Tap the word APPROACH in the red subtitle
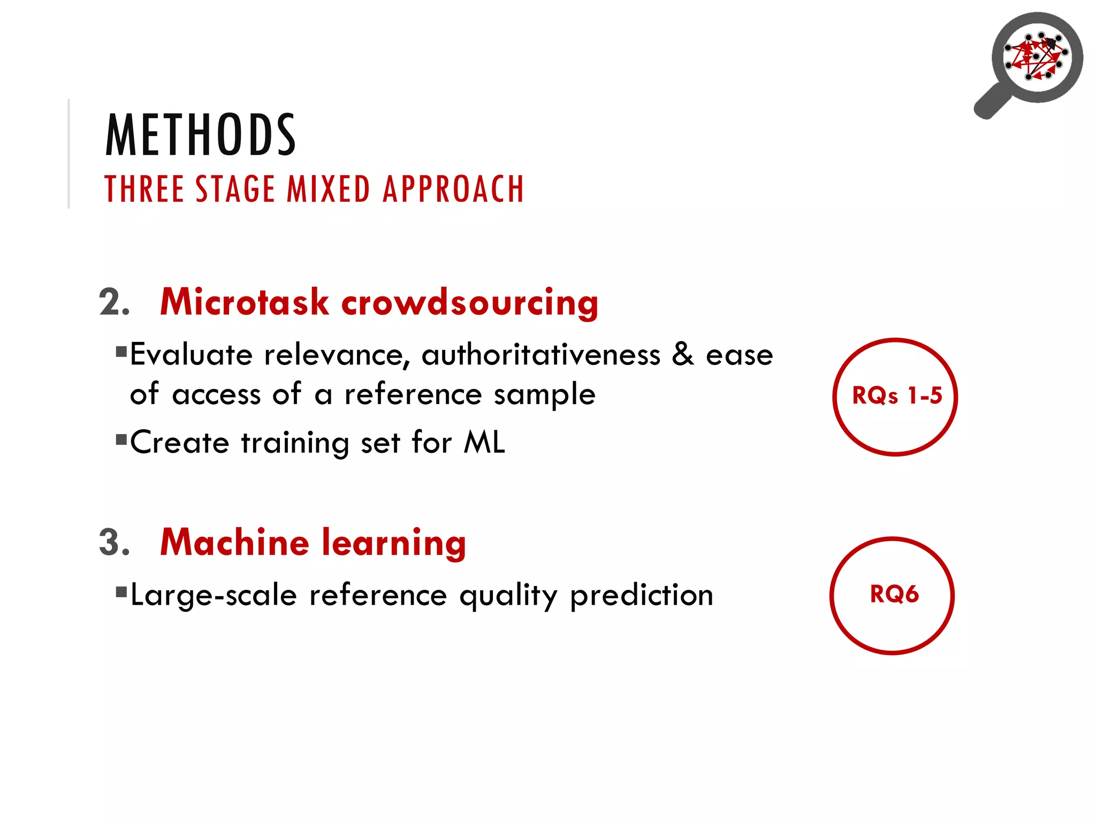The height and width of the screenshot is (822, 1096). (x=453, y=189)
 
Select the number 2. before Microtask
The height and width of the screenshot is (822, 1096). (x=114, y=303)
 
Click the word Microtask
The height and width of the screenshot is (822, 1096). (x=244, y=302)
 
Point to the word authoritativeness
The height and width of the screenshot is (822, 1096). (x=541, y=355)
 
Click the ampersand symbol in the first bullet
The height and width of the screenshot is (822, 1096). (x=683, y=354)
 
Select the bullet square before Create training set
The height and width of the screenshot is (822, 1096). (x=121, y=440)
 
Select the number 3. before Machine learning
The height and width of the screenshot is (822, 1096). (x=114, y=543)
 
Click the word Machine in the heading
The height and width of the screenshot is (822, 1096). (x=234, y=543)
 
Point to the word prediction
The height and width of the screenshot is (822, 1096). (x=641, y=596)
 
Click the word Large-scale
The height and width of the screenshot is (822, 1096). (x=214, y=596)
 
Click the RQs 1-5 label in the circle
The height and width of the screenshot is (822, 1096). (x=896, y=396)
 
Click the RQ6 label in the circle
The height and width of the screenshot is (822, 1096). (x=894, y=595)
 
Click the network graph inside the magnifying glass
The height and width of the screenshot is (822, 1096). (x=1037, y=57)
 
